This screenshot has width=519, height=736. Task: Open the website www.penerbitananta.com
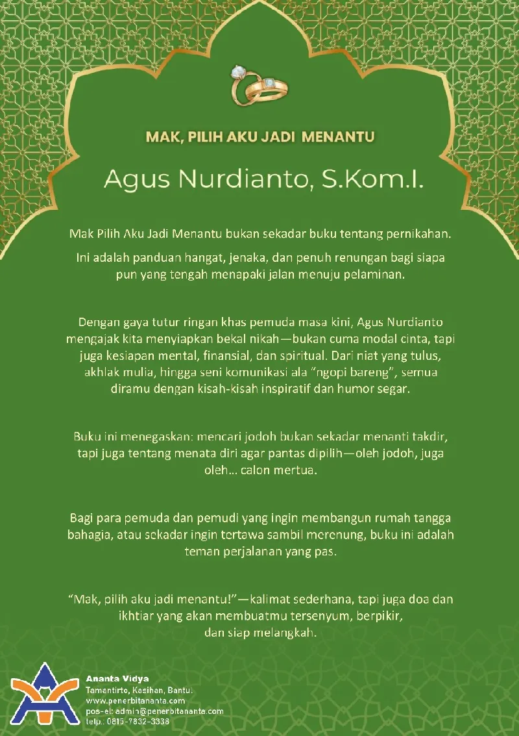pos(136,701)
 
